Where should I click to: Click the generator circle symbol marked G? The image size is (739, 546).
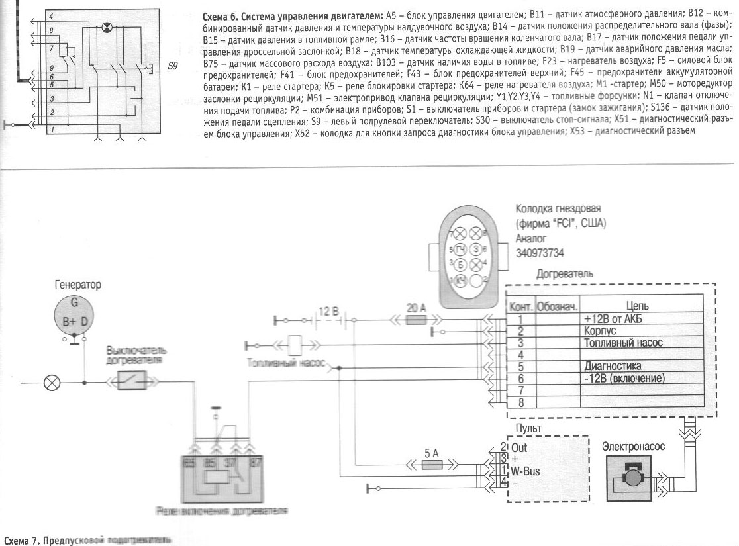[75, 314]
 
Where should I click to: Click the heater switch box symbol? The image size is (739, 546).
[132, 381]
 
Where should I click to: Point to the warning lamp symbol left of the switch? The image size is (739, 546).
[52, 382]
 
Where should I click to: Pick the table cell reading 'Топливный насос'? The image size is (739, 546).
[623, 343]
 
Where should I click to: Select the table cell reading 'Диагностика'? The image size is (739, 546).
[613, 366]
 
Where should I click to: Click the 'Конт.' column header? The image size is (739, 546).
[520, 307]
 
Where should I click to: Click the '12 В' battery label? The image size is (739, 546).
[329, 310]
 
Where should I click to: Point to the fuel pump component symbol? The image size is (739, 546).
[296, 345]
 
